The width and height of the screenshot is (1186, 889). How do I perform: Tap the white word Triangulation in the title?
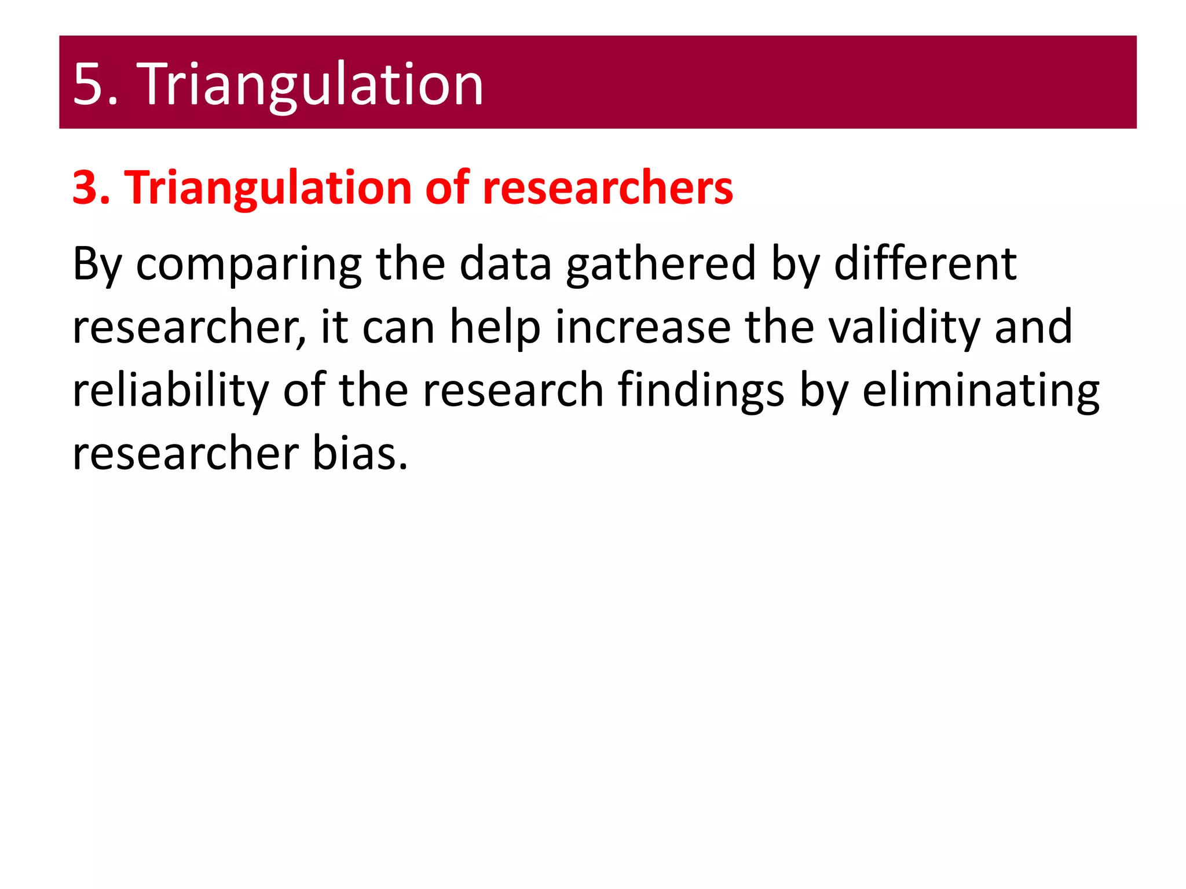point(310,85)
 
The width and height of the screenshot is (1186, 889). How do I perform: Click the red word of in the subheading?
point(446,188)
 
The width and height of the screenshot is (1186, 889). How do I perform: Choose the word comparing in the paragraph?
point(249,264)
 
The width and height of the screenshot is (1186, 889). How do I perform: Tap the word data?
point(505,264)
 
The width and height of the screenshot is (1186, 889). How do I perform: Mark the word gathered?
point(661,264)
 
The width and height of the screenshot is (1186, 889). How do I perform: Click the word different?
point(925,264)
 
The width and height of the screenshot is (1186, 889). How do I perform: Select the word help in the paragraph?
point(495,328)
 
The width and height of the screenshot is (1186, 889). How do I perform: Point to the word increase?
point(643,328)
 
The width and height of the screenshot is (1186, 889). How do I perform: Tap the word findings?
point(701,391)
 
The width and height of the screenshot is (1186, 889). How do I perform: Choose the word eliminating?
point(980,391)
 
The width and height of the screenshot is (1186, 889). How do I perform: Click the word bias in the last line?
point(360,453)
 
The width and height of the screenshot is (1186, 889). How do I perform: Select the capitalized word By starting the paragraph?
point(97,264)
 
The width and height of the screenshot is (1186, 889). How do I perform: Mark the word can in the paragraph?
point(398,328)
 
